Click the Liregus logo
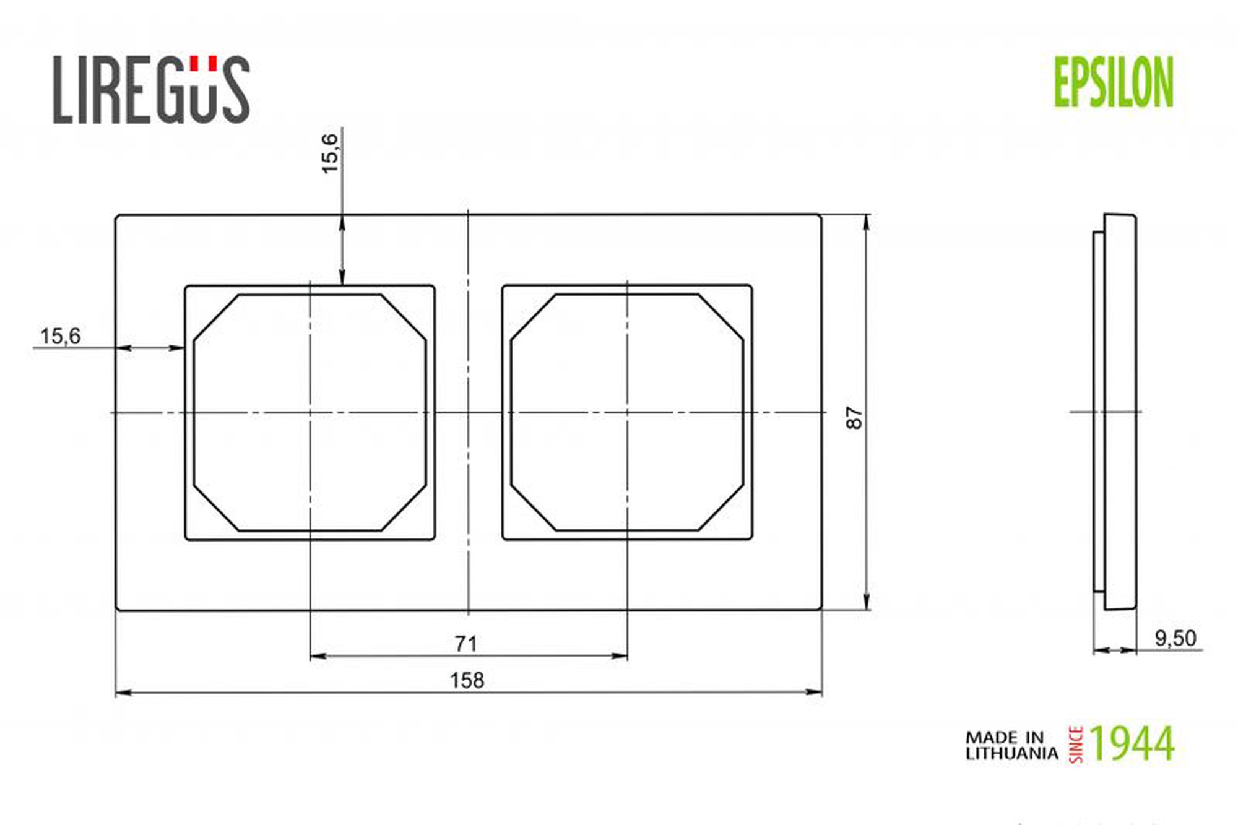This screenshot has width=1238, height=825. tap(152, 89)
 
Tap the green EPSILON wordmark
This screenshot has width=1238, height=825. tap(1114, 82)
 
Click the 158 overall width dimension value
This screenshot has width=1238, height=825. tap(467, 680)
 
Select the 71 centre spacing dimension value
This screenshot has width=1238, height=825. tap(466, 644)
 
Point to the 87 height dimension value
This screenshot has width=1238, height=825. tap(854, 418)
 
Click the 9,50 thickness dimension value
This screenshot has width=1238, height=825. tap(1175, 638)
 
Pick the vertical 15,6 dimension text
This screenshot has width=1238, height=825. tap(330, 153)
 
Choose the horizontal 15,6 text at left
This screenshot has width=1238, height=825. tap(60, 336)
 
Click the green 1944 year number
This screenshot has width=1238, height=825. tap(1132, 743)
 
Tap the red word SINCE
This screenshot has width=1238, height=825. tap(1076, 745)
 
